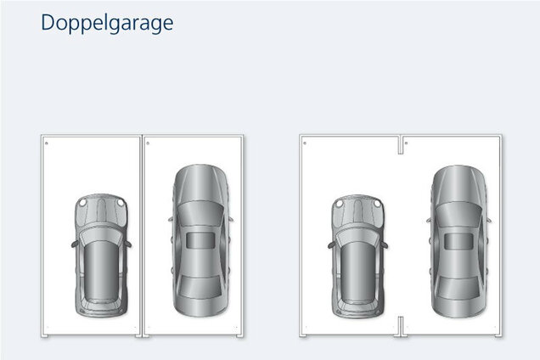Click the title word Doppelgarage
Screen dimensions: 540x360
tap(107, 24)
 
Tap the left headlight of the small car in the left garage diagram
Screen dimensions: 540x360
tap(82, 203)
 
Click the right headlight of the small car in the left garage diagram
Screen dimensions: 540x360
tap(121, 203)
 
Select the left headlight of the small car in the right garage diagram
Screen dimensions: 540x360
tap(340, 204)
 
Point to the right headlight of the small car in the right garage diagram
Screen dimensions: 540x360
tap(377, 204)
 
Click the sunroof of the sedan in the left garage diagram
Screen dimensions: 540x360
tap(200, 240)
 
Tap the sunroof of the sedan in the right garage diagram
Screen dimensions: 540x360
tap(458, 241)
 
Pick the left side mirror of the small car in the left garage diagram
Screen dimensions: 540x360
tap(75, 244)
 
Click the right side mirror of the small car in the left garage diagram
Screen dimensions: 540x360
tap(127, 244)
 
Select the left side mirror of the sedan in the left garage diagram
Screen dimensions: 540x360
tap(171, 219)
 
